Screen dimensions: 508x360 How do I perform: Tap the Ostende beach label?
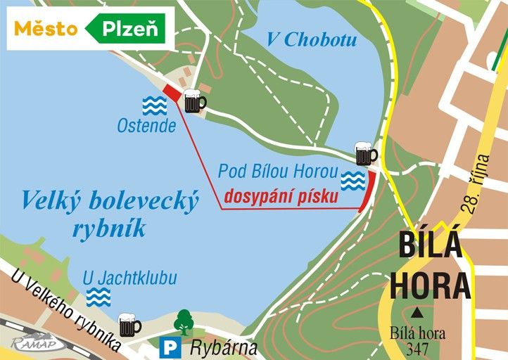(x=147, y=127)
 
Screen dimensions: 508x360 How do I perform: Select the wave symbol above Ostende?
(x=155, y=105)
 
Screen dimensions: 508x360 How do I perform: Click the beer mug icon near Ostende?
(x=193, y=102)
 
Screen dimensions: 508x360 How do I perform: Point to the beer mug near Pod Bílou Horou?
(x=365, y=153)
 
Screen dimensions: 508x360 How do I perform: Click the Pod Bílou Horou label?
(x=279, y=172)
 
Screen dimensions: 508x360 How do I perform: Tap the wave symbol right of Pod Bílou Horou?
(x=353, y=181)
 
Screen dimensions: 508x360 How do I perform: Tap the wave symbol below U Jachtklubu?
(x=99, y=297)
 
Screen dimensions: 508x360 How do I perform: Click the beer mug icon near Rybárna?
(x=129, y=324)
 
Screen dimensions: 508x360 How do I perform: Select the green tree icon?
(x=184, y=322)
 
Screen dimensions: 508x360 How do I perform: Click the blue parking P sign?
(x=169, y=347)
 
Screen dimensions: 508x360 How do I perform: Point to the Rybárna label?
(x=224, y=347)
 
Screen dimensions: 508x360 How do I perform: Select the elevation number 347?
(x=418, y=347)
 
